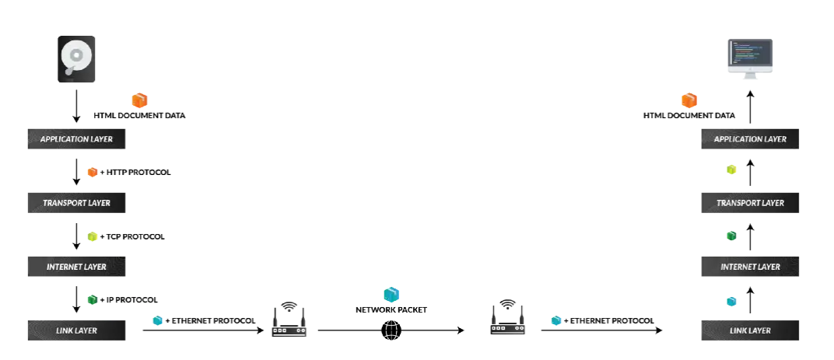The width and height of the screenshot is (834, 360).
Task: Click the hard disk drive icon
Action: tap(76, 58)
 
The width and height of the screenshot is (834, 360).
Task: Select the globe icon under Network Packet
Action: tap(391, 330)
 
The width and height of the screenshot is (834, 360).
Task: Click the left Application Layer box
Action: tap(76, 140)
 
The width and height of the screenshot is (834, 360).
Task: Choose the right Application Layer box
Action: tap(750, 139)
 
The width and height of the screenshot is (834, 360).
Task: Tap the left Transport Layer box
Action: tap(76, 204)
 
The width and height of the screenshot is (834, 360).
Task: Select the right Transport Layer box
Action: tap(750, 203)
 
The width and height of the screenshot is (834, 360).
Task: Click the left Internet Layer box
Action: tap(76, 267)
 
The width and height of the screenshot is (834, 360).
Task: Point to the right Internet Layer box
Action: tap(750, 267)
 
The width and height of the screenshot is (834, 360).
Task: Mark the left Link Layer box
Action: tap(76, 330)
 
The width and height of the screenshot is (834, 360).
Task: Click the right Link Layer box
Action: tap(750, 330)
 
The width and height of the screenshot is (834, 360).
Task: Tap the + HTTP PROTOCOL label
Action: tap(135, 172)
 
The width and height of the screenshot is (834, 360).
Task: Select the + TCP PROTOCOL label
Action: tap(131, 236)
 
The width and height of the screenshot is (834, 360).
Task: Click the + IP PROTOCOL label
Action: tap(128, 299)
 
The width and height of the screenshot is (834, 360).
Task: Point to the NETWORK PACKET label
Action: tap(391, 309)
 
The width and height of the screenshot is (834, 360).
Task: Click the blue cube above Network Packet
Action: tap(391, 295)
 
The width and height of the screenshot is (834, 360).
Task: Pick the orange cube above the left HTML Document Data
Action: tap(139, 100)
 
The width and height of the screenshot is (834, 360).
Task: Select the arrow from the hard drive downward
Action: tap(76, 105)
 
